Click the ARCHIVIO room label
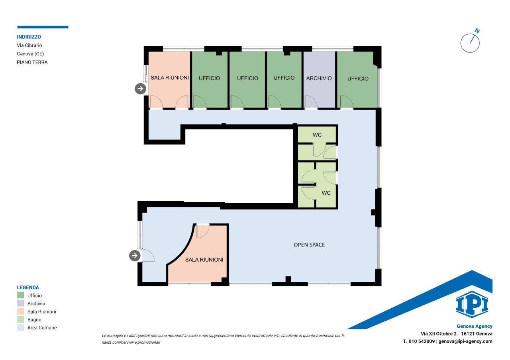(x=319, y=78)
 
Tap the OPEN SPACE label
(x=309, y=245)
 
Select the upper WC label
(x=317, y=135)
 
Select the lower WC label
(x=326, y=193)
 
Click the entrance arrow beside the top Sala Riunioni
(x=140, y=88)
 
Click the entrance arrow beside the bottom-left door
(x=135, y=255)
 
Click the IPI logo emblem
(x=472, y=304)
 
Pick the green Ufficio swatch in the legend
(x=20, y=295)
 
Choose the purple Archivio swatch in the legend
(x=20, y=303)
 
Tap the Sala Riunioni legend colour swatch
(x=20, y=311)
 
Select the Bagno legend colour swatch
(x=20, y=319)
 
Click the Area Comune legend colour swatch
(x=20, y=327)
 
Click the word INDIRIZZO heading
(x=29, y=37)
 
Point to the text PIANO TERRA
(x=32, y=63)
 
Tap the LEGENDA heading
(x=28, y=288)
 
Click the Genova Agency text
(x=475, y=326)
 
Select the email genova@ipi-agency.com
(x=465, y=341)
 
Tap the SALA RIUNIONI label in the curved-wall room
(x=204, y=260)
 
